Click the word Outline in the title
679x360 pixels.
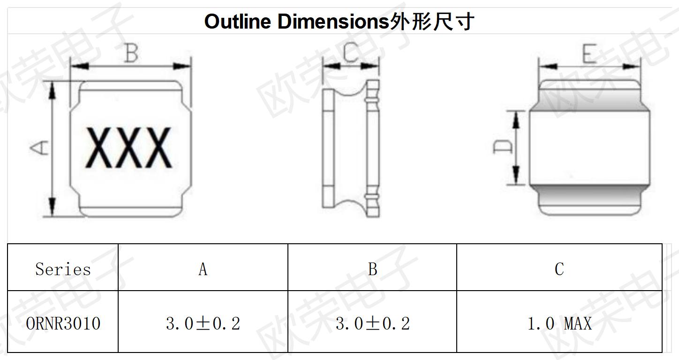click(238, 22)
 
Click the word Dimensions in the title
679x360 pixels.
click(333, 22)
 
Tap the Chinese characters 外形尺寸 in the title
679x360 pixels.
click(431, 22)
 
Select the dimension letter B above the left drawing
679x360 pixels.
click(132, 53)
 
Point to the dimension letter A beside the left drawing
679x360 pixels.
click(39, 148)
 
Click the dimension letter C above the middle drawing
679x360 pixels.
click(351, 52)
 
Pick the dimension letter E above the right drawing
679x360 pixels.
click(589, 53)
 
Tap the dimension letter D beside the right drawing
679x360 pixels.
click(503, 147)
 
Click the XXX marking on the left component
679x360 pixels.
click(129, 148)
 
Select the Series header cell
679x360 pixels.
click(63, 269)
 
